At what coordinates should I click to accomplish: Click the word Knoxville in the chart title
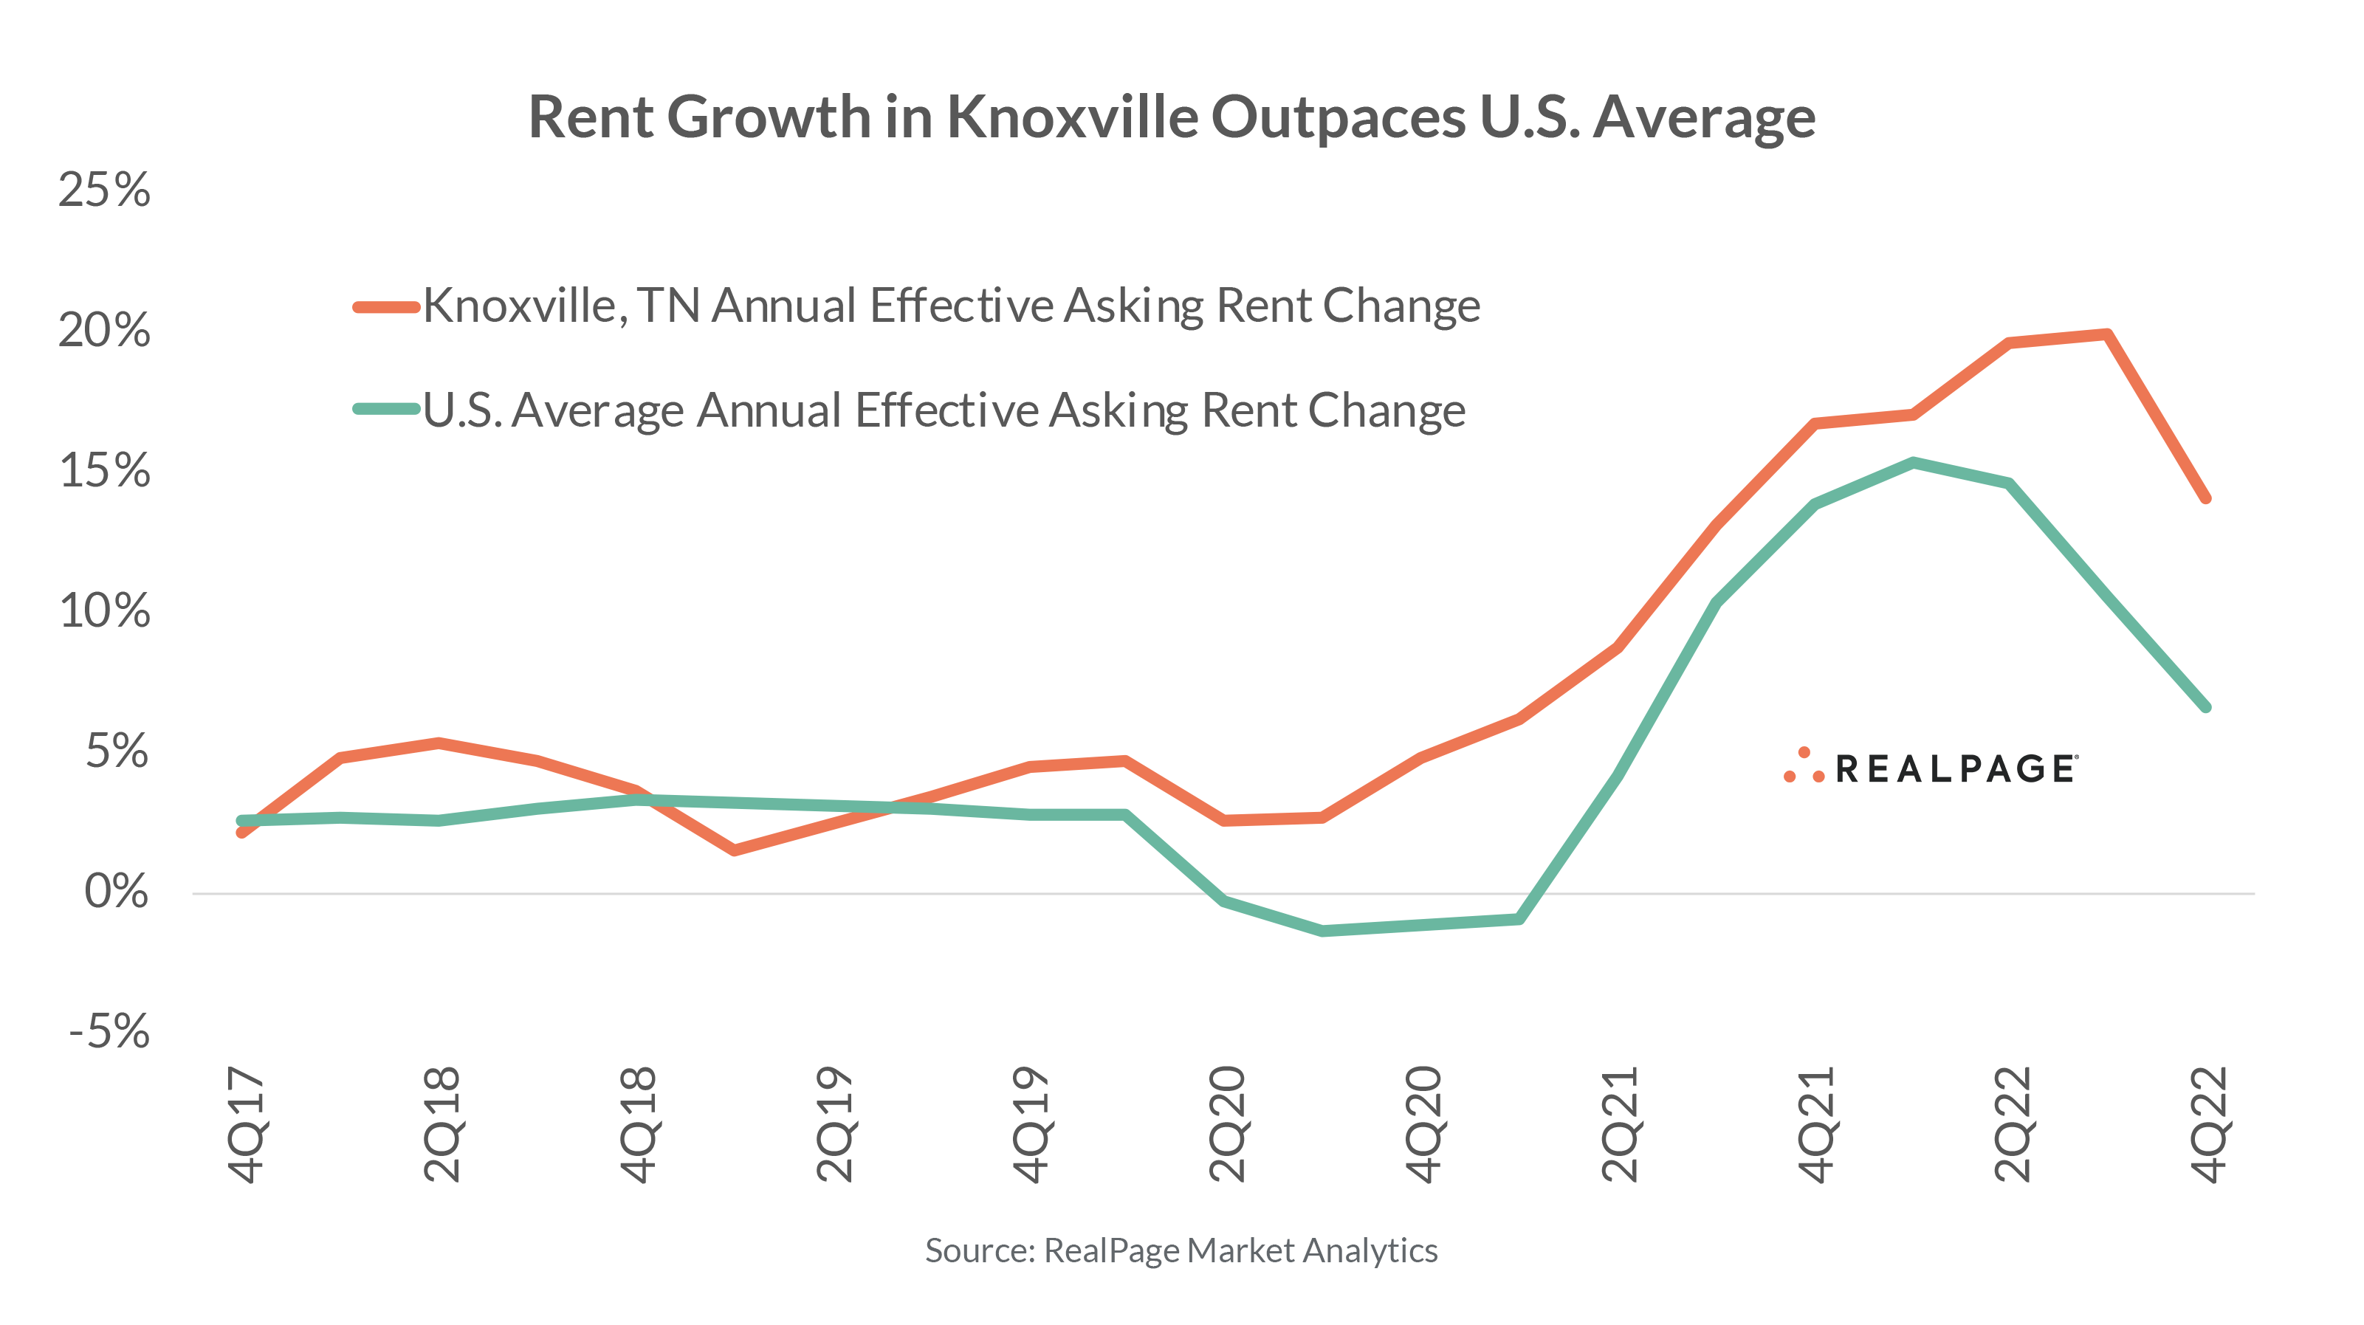pyautogui.click(x=1071, y=117)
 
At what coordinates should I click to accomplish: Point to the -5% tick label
pyautogui.click(x=109, y=1031)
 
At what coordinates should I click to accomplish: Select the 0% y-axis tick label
pyautogui.click(x=116, y=891)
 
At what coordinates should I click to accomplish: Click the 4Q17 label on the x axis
pyautogui.click(x=245, y=1124)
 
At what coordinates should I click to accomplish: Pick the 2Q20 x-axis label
pyautogui.click(x=1226, y=1124)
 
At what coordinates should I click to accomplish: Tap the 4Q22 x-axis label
pyautogui.click(x=2209, y=1124)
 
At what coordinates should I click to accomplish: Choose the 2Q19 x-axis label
pyautogui.click(x=834, y=1124)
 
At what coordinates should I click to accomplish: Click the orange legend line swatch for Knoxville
pyautogui.click(x=386, y=306)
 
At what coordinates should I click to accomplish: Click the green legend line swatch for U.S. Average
pyautogui.click(x=386, y=409)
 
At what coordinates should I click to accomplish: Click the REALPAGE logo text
pyautogui.click(x=1955, y=769)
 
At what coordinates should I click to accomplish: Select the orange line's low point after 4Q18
pyautogui.click(x=734, y=850)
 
